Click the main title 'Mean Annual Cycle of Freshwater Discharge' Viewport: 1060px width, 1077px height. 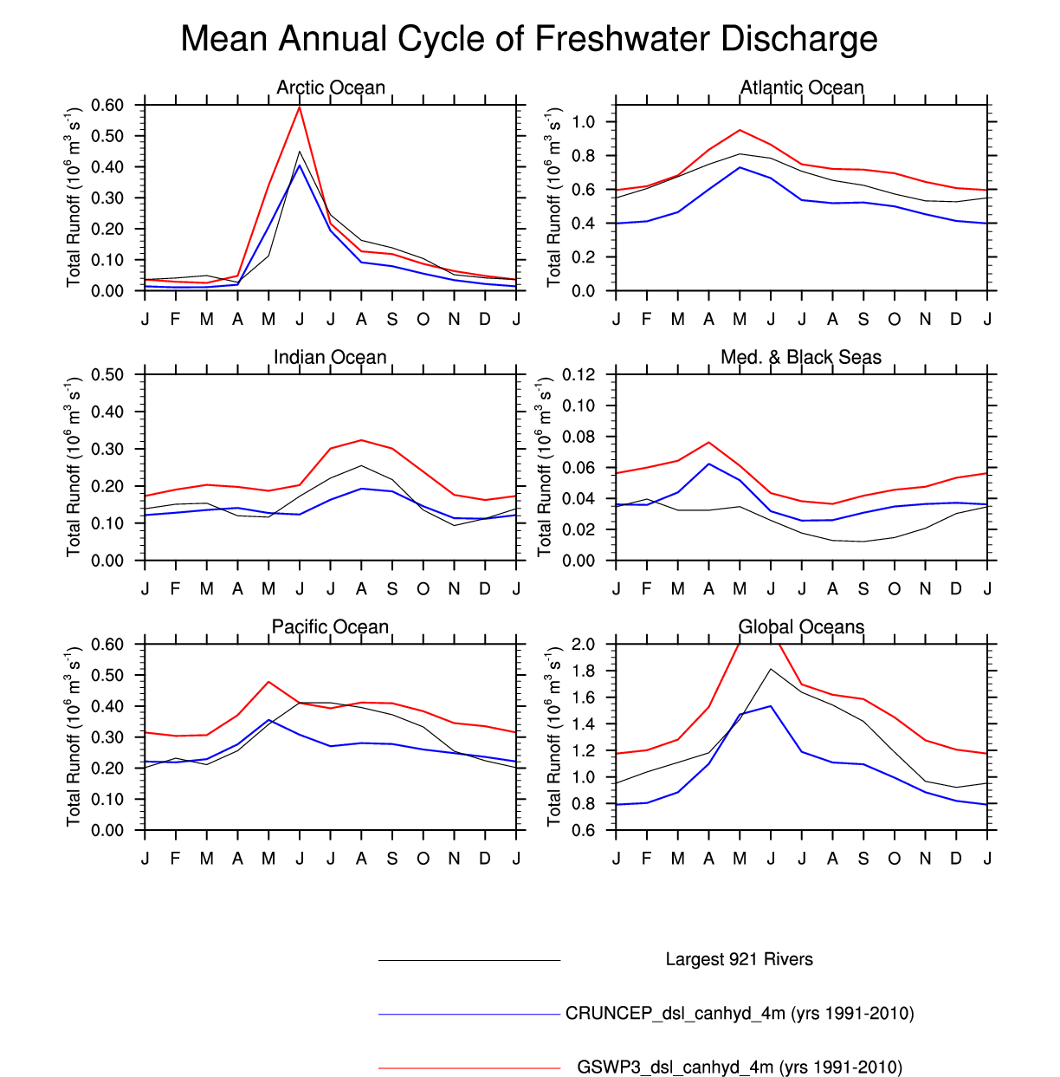click(x=529, y=39)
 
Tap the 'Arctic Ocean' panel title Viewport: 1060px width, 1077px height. click(x=331, y=88)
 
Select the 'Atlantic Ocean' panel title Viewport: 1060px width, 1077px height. click(x=802, y=88)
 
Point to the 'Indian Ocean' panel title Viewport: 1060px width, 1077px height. click(x=330, y=357)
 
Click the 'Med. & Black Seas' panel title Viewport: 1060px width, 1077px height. click(x=801, y=357)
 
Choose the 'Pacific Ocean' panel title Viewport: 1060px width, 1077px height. click(x=330, y=626)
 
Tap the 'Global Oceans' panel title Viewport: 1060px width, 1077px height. click(x=801, y=626)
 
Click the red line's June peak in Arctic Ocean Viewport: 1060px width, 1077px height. click(x=300, y=107)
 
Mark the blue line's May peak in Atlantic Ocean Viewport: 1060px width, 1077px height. click(x=740, y=167)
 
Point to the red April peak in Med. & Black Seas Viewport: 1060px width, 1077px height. click(x=709, y=442)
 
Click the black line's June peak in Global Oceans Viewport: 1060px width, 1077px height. click(x=771, y=669)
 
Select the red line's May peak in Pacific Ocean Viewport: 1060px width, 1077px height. click(x=268, y=682)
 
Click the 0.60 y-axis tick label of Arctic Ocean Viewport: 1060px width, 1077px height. click(x=107, y=105)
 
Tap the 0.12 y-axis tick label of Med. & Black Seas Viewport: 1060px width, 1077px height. click(x=578, y=374)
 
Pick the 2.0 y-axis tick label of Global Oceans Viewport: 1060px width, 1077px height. click(x=583, y=644)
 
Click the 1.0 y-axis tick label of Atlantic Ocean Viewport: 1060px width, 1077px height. click(x=583, y=122)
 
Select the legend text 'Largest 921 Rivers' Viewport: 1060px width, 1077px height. click(x=739, y=959)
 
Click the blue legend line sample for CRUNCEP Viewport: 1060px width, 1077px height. click(x=469, y=1014)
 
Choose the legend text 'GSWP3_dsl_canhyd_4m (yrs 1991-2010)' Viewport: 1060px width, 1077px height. click(x=740, y=1067)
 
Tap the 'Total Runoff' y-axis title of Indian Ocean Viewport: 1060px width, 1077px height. click(x=74, y=467)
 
